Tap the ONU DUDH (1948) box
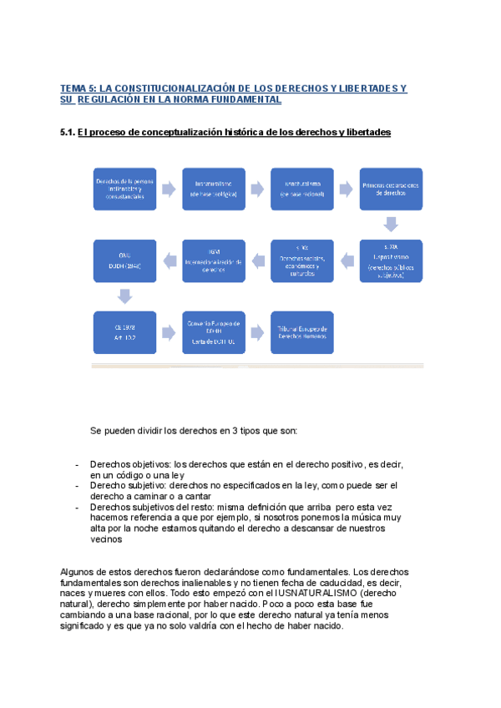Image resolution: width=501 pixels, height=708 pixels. (x=124, y=260)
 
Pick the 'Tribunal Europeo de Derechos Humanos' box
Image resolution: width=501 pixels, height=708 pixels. (x=302, y=331)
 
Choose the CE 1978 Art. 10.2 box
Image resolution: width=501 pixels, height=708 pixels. (x=124, y=331)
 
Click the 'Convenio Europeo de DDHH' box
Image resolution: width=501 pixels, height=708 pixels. (x=213, y=331)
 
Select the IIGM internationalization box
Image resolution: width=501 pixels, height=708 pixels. (x=213, y=260)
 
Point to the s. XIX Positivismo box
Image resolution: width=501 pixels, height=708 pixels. (x=391, y=260)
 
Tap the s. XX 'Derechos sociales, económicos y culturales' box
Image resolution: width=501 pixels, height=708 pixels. (x=302, y=260)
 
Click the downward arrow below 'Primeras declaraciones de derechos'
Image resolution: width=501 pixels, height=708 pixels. (x=391, y=224)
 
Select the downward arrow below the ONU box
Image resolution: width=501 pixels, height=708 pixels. (x=124, y=296)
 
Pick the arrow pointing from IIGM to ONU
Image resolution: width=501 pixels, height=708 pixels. (x=168, y=258)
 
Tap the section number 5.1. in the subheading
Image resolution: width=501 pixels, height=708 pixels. (x=68, y=133)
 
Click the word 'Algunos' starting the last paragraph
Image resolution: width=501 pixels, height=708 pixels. (x=78, y=570)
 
